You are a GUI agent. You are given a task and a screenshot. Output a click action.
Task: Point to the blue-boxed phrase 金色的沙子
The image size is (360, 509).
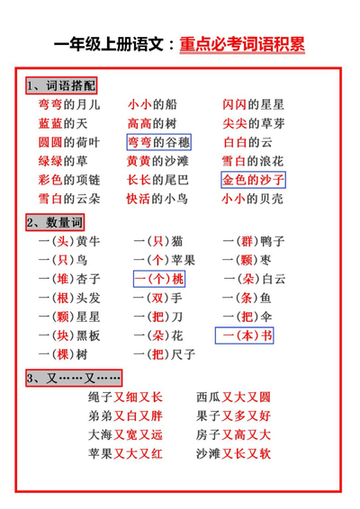pos(253,180)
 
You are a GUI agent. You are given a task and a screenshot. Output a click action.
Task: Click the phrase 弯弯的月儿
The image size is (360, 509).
pos(69,104)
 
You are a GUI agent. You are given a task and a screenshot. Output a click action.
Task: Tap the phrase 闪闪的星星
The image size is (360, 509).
pos(253,104)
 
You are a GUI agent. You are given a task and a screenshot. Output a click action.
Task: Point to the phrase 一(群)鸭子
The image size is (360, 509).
pos(253,241)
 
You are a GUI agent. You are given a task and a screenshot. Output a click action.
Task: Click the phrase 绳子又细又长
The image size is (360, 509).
pos(125,397)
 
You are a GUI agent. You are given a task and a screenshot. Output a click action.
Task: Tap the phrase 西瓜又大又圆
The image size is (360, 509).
pos(233,397)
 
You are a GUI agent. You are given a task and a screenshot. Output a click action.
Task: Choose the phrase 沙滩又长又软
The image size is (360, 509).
pos(233,454)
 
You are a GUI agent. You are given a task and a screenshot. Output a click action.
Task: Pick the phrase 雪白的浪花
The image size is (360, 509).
pos(253,161)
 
